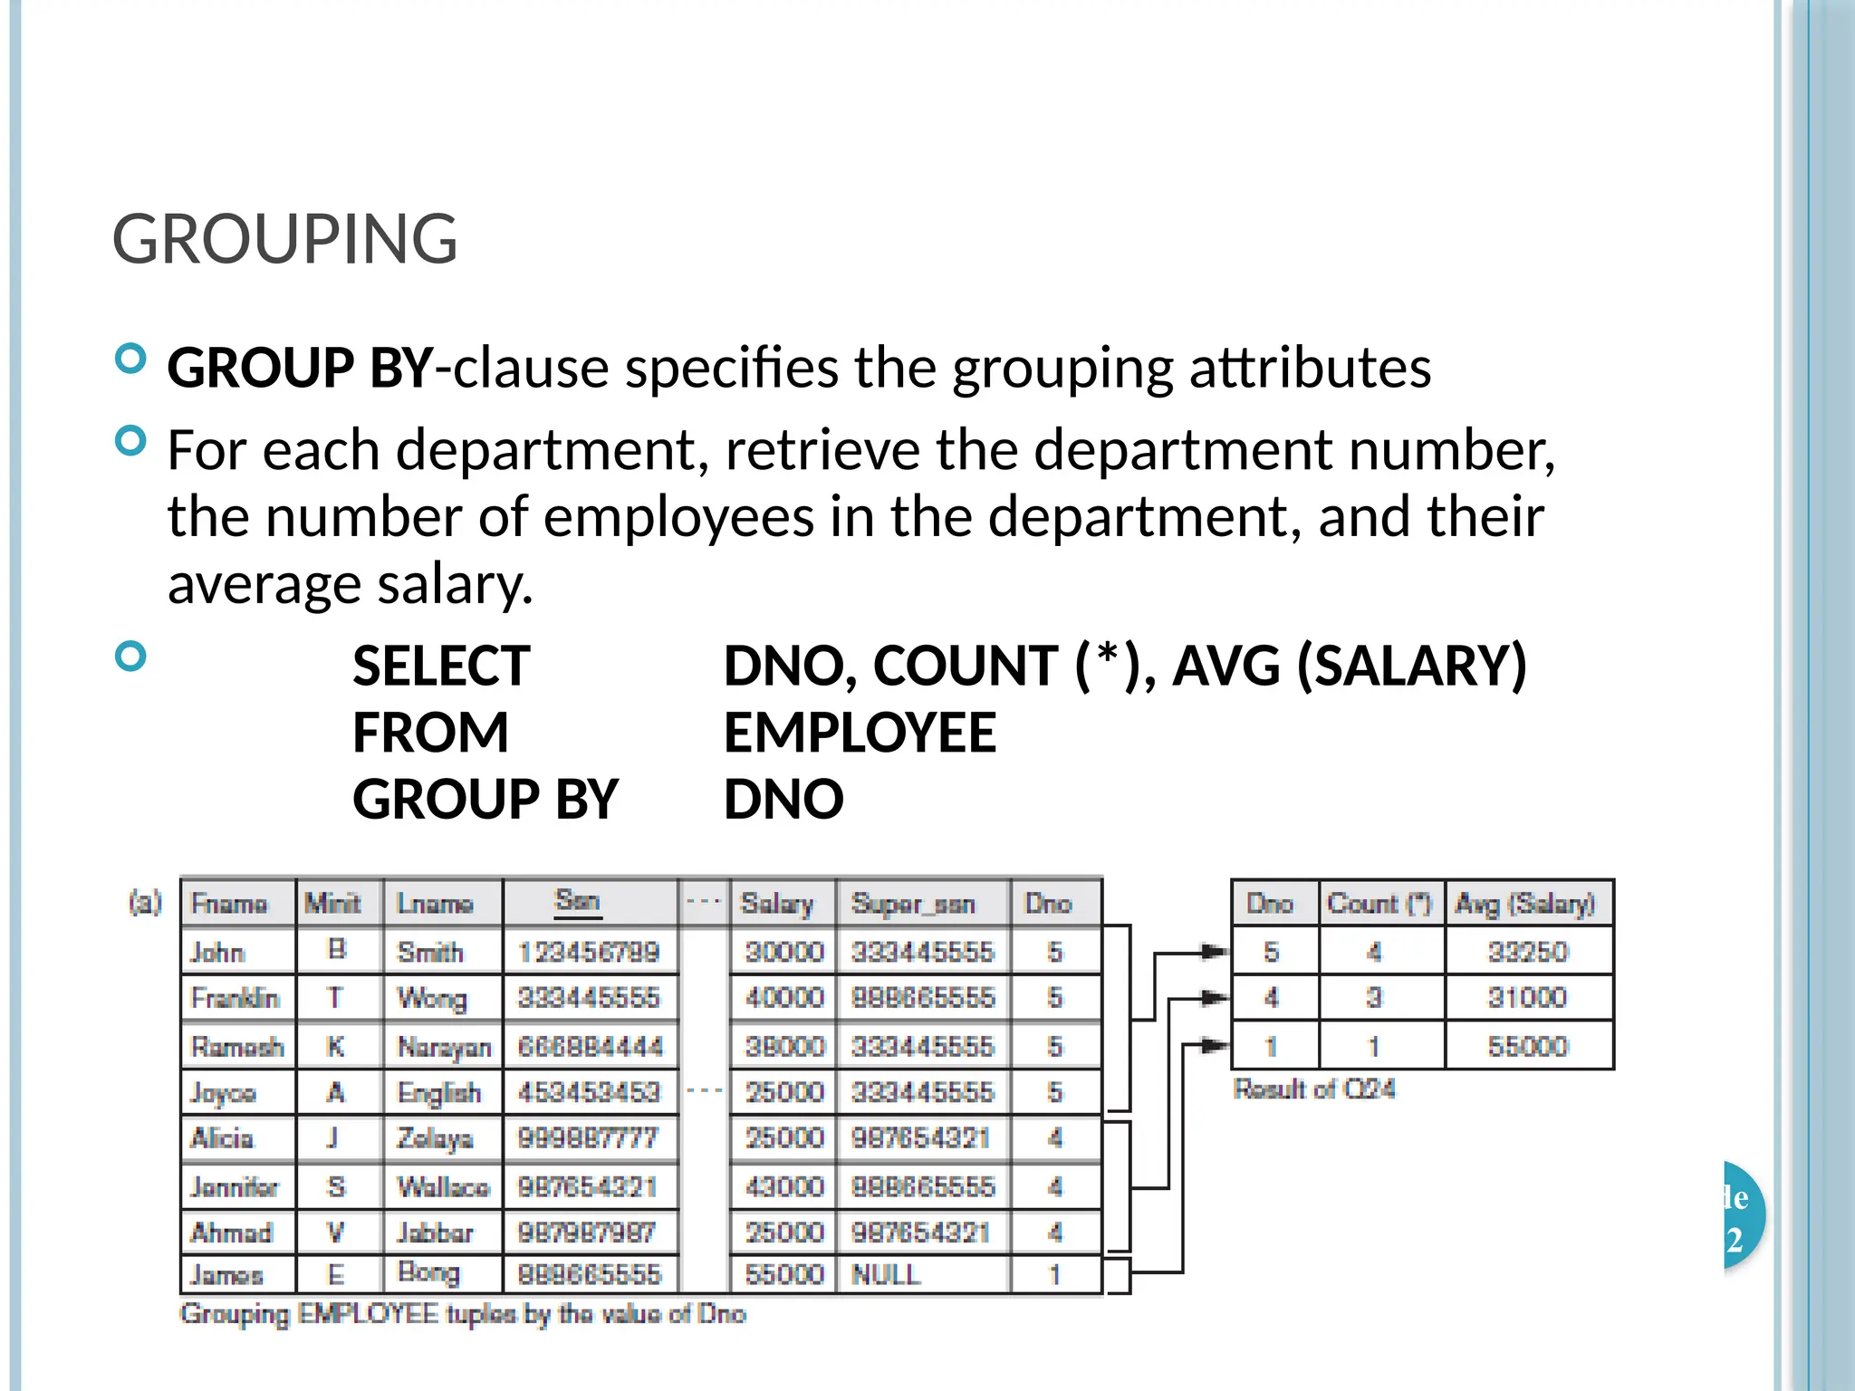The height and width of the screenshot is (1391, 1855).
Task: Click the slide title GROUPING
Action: pyautogui.click(x=284, y=239)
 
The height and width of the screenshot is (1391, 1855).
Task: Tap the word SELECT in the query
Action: pyautogui.click(x=441, y=666)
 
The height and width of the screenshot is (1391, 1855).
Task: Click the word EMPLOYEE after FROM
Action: pyautogui.click(x=860, y=733)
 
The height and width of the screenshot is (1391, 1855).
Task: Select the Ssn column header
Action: pyautogui.click(x=578, y=901)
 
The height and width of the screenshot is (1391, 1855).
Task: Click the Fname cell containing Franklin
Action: pyautogui.click(x=235, y=998)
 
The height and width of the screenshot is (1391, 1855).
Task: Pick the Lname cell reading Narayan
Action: pyautogui.click(x=444, y=1047)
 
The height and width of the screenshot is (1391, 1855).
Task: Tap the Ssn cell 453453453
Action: pyautogui.click(x=589, y=1092)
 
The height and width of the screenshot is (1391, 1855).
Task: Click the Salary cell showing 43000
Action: pyautogui.click(x=784, y=1186)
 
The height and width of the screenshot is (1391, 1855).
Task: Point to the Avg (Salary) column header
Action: pyautogui.click(x=1525, y=904)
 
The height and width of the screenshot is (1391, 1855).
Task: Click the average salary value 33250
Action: pyautogui.click(x=1527, y=952)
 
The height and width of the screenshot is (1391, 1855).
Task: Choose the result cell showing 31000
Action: pyautogui.click(x=1527, y=998)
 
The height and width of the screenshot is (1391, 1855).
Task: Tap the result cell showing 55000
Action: pyautogui.click(x=1527, y=1047)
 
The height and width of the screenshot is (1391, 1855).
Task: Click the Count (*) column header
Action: pyautogui.click(x=1379, y=904)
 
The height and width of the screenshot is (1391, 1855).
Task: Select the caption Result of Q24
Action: pyautogui.click(x=1314, y=1089)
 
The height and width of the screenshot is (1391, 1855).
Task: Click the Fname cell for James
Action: pyautogui.click(x=226, y=1275)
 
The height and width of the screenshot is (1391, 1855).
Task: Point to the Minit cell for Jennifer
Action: pyautogui.click(x=336, y=1186)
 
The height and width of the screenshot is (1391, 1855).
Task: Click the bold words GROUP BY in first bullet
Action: pyautogui.click(x=300, y=368)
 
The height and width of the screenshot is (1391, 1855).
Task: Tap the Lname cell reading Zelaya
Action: pyautogui.click(x=435, y=1138)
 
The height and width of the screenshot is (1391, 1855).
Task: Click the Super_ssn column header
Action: pyautogui.click(x=913, y=904)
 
